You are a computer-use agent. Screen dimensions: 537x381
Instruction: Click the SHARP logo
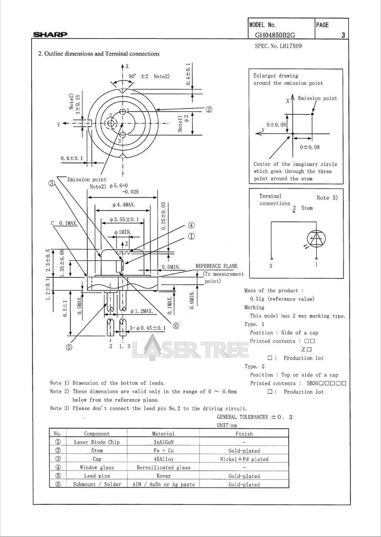pos(50,35)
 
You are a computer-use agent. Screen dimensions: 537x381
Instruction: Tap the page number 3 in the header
pos(343,35)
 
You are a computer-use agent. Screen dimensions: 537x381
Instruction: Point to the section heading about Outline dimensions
pos(99,54)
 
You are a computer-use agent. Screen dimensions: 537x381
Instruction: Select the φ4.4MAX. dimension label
pos(124,205)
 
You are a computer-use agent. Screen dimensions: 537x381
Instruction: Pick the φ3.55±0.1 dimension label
pos(124,220)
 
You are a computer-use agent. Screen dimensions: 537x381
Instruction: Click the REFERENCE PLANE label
pos(216,266)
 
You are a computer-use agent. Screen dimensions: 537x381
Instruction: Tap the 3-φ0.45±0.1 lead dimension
pos(148,328)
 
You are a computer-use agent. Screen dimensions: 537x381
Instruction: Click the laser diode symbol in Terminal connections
pos(316,239)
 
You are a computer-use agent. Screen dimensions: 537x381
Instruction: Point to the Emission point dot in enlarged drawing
pos(312,114)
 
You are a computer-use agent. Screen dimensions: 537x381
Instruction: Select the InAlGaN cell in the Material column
pos(163,442)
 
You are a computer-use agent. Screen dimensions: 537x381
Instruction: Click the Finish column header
pos(244,434)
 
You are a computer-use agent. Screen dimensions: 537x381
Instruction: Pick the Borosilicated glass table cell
pos(163,467)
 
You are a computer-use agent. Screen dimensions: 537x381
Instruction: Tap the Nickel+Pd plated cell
pos(244,459)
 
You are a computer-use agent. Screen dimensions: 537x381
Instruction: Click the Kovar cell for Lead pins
pos(163,476)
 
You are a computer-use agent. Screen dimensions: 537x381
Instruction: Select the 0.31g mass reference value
pos(282,299)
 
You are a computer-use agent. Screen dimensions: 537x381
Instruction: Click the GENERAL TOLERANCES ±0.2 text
pos(255,417)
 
